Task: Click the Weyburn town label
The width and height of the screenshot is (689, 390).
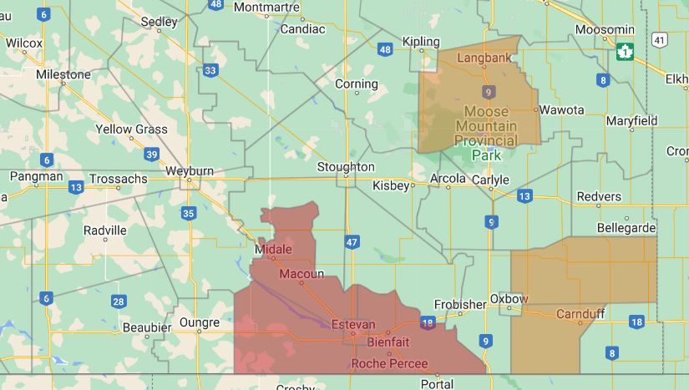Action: tap(190, 170)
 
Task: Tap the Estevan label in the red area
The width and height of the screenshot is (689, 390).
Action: tap(353, 324)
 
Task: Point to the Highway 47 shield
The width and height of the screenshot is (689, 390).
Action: tap(352, 242)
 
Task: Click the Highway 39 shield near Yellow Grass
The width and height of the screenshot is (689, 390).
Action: tap(151, 154)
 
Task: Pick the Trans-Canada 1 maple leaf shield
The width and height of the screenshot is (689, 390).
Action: tap(624, 52)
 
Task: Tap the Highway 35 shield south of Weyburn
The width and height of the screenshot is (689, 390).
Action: tap(188, 214)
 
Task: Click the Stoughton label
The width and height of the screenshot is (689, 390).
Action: tap(346, 167)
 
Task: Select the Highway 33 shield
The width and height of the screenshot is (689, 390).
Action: tap(210, 70)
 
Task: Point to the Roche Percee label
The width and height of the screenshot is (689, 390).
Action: tap(389, 363)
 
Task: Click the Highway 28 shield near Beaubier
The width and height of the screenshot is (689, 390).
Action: tap(119, 301)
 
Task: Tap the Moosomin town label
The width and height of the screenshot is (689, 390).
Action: tap(605, 29)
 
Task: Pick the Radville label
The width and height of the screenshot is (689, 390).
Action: tap(105, 230)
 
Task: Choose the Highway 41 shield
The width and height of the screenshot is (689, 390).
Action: tap(660, 39)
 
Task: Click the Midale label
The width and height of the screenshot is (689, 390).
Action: tap(274, 249)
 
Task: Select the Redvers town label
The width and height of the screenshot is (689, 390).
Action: tap(599, 196)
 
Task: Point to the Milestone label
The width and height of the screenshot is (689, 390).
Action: tap(63, 74)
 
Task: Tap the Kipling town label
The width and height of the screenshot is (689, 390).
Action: tap(420, 42)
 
